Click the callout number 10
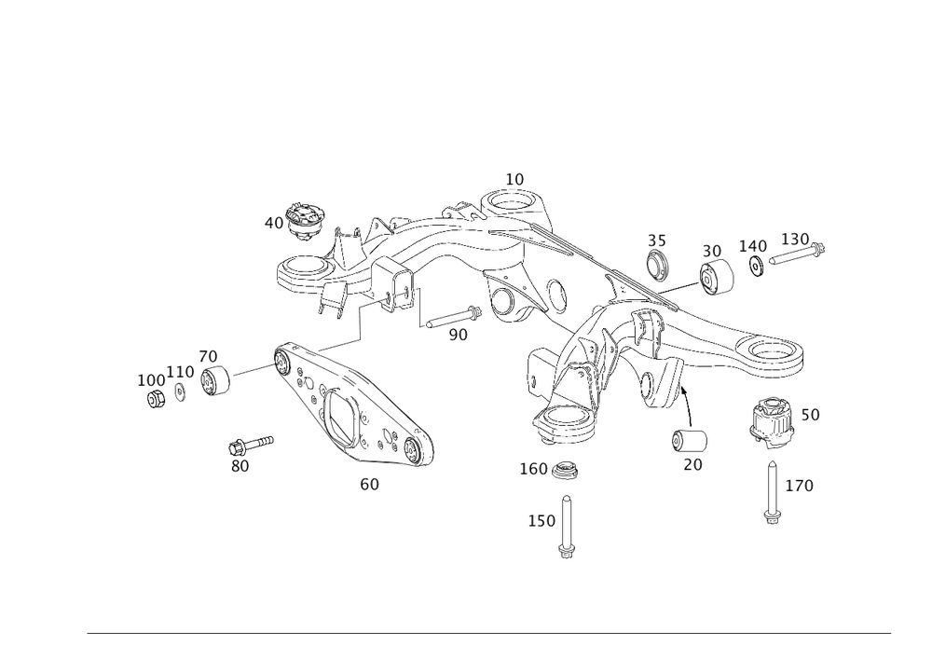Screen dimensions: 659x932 514,177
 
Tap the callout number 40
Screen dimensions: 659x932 273,223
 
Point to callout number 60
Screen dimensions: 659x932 370,484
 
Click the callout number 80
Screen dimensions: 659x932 241,465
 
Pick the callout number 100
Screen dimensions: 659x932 150,379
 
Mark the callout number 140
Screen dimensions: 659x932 752,245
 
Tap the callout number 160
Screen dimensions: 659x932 535,469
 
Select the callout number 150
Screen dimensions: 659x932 541,521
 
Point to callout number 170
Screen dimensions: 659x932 800,486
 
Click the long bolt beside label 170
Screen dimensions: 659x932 772,491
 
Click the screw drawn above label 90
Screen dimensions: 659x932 452,317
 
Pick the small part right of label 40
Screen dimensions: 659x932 305,218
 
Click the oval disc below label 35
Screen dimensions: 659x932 658,265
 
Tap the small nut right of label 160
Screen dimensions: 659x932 565,472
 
